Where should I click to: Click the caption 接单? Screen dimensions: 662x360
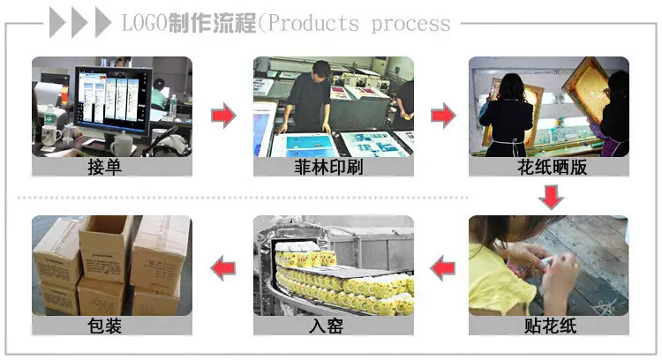[105, 167]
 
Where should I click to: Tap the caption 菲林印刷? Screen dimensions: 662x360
[328, 167]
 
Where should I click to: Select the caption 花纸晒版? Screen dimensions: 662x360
[553, 167]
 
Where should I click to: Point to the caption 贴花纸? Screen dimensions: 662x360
[550, 326]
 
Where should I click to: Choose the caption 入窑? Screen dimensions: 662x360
[326, 326]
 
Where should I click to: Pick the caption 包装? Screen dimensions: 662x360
[105, 326]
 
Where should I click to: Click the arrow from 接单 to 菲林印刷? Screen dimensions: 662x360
[223, 115]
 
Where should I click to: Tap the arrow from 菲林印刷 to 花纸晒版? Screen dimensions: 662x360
[443, 115]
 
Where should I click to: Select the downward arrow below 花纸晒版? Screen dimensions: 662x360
[551, 197]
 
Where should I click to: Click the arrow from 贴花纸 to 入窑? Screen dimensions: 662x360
[442, 268]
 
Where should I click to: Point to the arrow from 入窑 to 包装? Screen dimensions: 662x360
[223, 268]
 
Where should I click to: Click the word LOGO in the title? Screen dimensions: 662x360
[145, 23]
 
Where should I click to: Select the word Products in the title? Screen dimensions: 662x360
[313, 23]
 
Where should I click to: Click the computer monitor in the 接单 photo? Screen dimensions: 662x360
[113, 101]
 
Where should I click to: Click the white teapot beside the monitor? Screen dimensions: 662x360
[123, 144]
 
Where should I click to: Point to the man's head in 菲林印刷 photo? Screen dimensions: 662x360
[321, 69]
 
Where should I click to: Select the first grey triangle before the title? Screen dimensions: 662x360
[56, 23]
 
